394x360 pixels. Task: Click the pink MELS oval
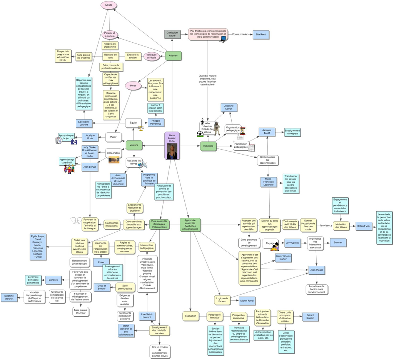(109, 5)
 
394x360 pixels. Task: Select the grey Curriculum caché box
(172, 35)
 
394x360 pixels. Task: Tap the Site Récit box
(261, 35)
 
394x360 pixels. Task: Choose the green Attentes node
(173, 56)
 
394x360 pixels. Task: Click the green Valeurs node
(134, 145)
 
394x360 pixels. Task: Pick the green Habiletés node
(208, 146)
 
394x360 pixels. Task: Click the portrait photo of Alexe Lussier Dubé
(172, 152)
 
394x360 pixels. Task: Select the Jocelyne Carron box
(229, 107)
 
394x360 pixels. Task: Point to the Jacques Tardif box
(267, 132)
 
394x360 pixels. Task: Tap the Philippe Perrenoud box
(156, 123)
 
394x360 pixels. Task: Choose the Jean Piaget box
(317, 270)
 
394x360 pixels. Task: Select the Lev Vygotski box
(292, 243)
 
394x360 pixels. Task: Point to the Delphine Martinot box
(9, 297)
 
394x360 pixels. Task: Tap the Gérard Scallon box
(311, 317)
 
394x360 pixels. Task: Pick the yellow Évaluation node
(190, 316)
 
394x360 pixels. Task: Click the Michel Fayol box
(247, 300)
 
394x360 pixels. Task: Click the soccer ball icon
(200, 134)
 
